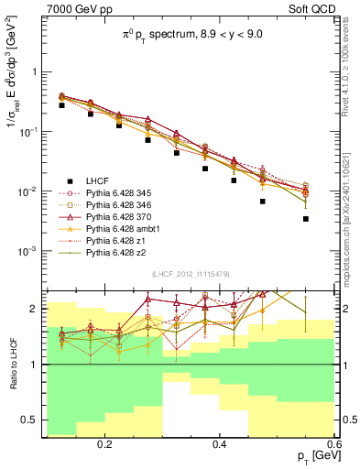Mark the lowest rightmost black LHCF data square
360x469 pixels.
pos(306,219)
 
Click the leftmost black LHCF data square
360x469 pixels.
pos(61,105)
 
